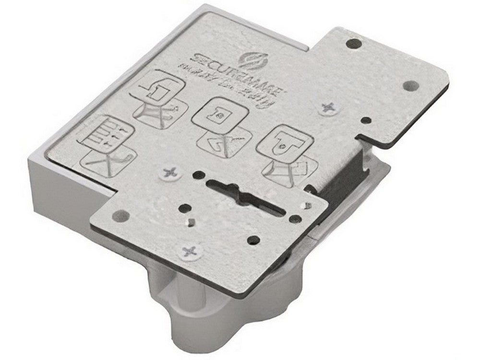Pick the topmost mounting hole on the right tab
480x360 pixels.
(354, 43)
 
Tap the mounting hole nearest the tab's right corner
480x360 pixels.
(409, 85)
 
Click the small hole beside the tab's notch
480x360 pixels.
(366, 120)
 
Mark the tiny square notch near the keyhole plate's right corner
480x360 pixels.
(306, 206)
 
